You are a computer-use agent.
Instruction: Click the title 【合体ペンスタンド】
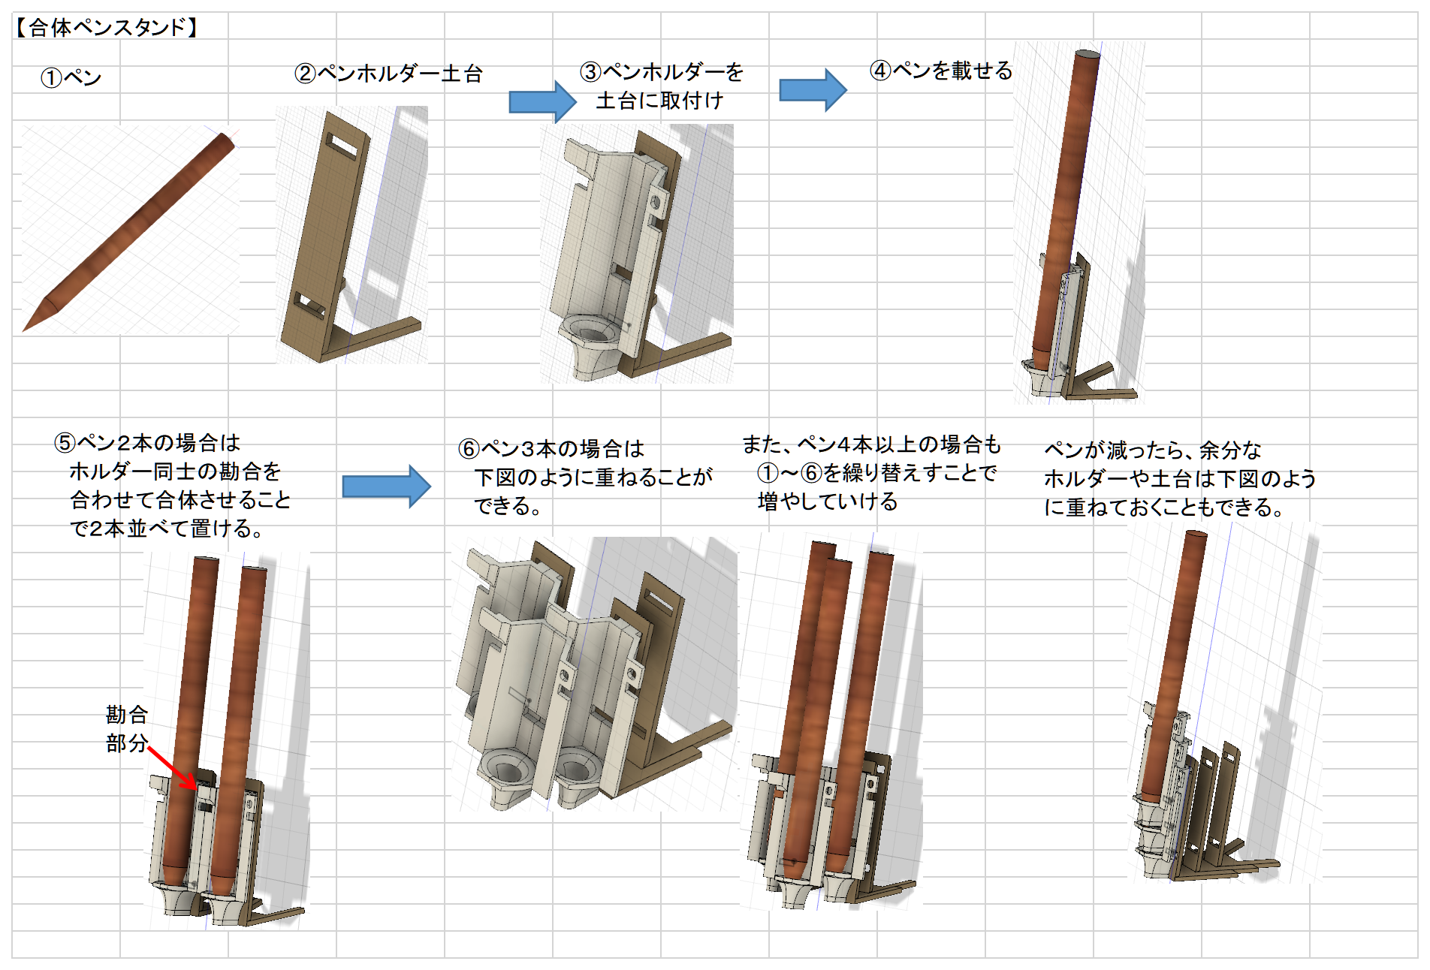pyautogui.click(x=107, y=28)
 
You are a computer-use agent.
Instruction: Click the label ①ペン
pyautogui.click(x=71, y=77)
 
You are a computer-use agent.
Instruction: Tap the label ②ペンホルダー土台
pyautogui.click(x=388, y=74)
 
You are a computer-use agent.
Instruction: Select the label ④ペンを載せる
pyautogui.click(x=941, y=71)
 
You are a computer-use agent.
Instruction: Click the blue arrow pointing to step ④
pyautogui.click(x=813, y=90)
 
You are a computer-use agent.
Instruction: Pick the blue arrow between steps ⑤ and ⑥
pyautogui.click(x=386, y=487)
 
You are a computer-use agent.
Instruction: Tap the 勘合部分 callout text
pyautogui.click(x=126, y=728)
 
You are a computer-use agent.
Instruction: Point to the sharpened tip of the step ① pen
pyautogui.click(x=30, y=324)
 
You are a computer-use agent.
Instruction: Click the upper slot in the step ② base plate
pyautogui.click(x=342, y=145)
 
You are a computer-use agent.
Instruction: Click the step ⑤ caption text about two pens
pyautogui.click(x=173, y=486)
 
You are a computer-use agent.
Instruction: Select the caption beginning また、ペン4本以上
pyautogui.click(x=871, y=472)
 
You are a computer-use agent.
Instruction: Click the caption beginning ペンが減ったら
pyautogui.click(x=1179, y=478)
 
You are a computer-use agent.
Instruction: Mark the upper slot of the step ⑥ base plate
pyautogui.click(x=659, y=601)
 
